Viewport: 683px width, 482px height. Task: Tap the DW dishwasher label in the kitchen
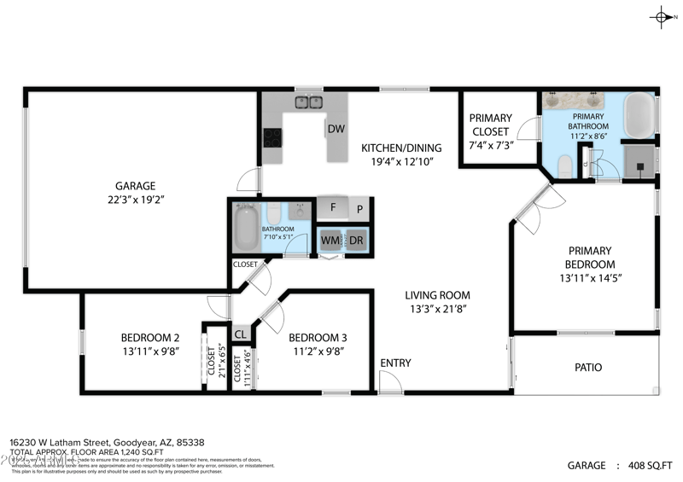click(x=335, y=130)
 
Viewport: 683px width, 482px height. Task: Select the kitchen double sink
click(x=307, y=103)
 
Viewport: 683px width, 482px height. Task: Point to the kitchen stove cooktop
click(x=273, y=137)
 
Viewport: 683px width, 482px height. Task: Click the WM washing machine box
click(x=330, y=241)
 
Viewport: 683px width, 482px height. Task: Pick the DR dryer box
click(x=356, y=241)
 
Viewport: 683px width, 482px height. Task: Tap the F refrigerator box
click(x=332, y=206)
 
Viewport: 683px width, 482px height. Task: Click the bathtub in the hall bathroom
click(x=247, y=227)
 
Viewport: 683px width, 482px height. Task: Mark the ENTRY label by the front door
click(x=395, y=363)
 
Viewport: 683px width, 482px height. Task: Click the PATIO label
click(x=587, y=368)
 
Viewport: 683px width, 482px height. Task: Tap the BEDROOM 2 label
click(x=149, y=336)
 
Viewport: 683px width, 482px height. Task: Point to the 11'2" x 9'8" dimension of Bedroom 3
click(x=317, y=350)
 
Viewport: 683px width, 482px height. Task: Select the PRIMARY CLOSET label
click(x=490, y=125)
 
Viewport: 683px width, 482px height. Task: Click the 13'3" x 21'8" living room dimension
click(x=435, y=310)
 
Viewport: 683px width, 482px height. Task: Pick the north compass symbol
click(x=663, y=16)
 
